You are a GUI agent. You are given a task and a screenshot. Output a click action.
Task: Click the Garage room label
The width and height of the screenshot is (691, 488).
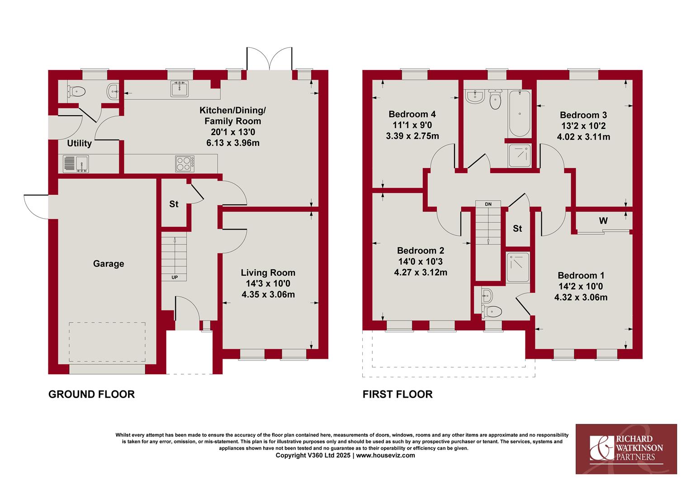point(109,263)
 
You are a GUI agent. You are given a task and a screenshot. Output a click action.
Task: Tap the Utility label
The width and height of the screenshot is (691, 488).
point(79,143)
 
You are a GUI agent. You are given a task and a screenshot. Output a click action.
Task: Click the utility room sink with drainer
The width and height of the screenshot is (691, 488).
point(76,164)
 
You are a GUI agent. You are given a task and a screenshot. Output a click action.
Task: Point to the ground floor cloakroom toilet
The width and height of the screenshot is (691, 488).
point(76,91)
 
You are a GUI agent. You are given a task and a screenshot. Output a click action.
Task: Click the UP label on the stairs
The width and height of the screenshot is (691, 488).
point(175,277)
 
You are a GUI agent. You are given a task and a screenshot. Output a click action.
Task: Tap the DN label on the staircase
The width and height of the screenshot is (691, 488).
point(488,204)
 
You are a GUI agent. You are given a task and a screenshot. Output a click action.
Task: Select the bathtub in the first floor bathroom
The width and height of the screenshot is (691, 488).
point(520,113)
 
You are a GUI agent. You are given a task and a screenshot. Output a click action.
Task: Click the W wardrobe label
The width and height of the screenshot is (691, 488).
point(603,221)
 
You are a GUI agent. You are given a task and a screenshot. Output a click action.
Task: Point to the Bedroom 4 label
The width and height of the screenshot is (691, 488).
point(412,114)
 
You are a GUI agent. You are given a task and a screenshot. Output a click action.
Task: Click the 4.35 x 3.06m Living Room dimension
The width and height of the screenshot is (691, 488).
point(268,295)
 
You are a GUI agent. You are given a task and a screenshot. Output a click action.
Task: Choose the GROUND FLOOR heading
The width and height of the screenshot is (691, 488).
point(92,394)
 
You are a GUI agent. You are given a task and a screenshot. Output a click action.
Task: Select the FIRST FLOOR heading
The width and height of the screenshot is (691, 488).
point(398,394)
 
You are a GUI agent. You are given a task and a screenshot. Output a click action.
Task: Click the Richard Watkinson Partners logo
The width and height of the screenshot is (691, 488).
point(626,449)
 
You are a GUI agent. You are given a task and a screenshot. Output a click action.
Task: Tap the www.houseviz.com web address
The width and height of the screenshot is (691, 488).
point(386,455)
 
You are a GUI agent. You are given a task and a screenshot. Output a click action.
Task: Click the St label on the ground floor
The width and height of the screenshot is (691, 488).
point(174,204)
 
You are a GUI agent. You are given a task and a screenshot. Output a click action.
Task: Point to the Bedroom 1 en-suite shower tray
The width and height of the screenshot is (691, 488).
point(518,267)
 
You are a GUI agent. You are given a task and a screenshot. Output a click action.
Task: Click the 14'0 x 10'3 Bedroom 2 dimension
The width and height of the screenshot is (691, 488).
point(421,262)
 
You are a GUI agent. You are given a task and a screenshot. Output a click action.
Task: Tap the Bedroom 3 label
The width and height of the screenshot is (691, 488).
point(583,115)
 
